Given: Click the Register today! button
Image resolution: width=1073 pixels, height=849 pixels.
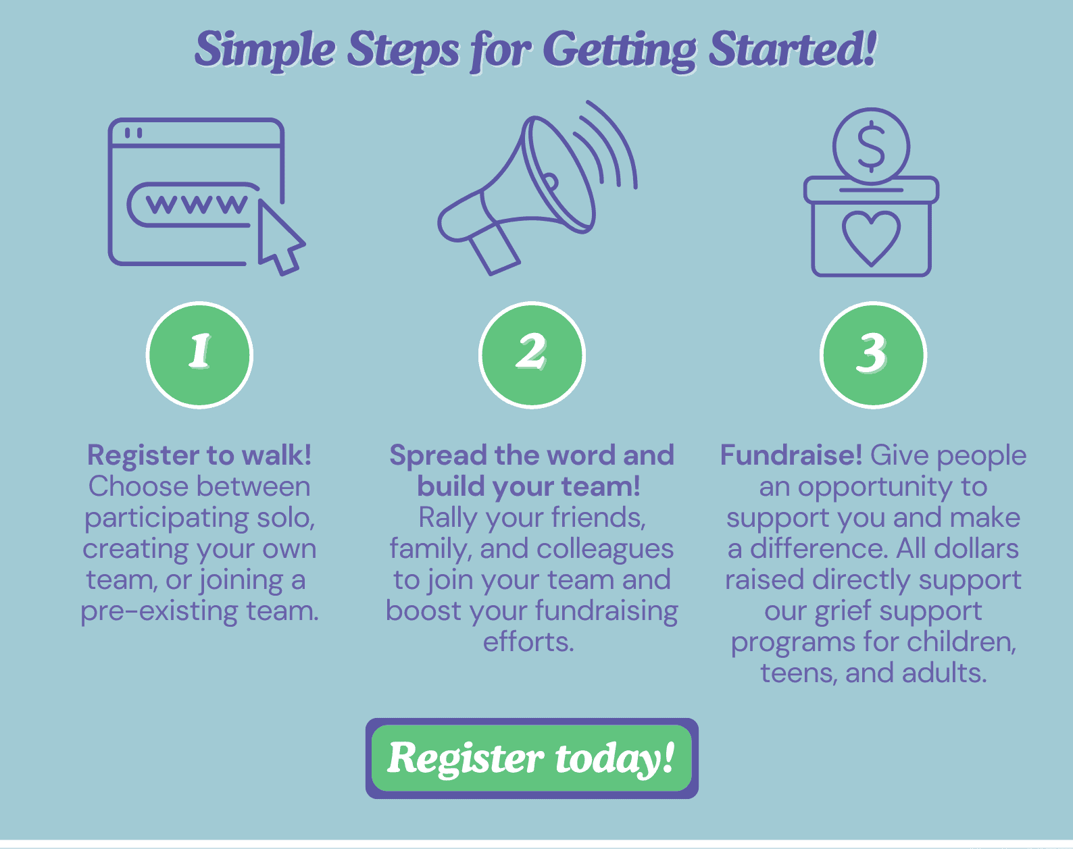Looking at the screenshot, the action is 532,758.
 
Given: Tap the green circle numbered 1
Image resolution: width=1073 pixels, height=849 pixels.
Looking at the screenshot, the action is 199,355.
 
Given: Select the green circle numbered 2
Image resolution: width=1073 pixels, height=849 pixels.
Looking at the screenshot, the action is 532,355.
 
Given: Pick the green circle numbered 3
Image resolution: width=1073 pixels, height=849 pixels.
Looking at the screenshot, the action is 873,355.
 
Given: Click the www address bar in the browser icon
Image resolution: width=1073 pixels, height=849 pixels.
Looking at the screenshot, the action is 193,205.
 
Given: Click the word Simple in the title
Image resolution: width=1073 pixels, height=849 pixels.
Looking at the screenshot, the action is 266,50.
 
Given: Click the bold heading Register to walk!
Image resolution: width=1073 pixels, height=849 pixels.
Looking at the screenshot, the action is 199,455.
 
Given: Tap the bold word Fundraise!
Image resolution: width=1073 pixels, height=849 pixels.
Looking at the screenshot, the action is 791,455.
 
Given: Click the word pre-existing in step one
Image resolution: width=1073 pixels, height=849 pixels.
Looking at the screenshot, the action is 159,612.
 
